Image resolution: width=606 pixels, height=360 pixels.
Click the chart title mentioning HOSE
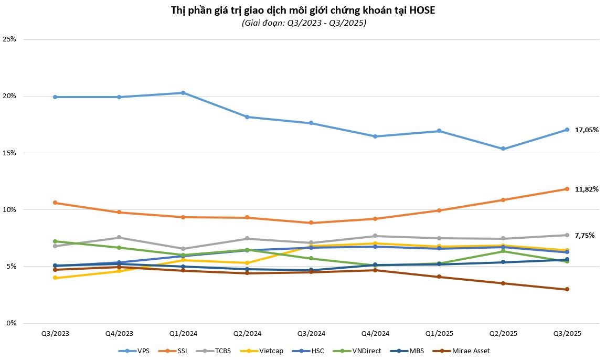coord(303,10)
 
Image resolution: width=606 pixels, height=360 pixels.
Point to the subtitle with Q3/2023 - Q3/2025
coord(303,23)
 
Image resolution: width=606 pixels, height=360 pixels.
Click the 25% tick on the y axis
coord(10,39)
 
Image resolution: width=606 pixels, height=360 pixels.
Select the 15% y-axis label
coord(10,153)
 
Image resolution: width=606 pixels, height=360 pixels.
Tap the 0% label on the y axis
coord(12,323)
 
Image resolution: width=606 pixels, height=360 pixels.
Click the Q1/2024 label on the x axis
coord(183,333)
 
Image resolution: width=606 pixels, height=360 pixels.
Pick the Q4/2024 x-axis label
coord(375,333)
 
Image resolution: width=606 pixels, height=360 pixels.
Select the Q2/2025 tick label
coord(503,333)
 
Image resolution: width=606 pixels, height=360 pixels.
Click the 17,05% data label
coord(587,130)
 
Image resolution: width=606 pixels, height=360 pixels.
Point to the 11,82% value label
coord(587,189)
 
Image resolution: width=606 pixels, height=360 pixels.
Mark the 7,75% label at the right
coord(584,236)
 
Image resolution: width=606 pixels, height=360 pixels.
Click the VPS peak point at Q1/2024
coord(183,93)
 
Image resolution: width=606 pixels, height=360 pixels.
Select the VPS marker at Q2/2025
coord(503,149)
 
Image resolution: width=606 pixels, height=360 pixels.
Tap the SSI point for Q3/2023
coord(55,203)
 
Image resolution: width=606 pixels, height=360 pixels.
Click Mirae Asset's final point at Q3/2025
coord(567,289)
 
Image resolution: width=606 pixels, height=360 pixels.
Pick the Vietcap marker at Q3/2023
coord(55,278)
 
